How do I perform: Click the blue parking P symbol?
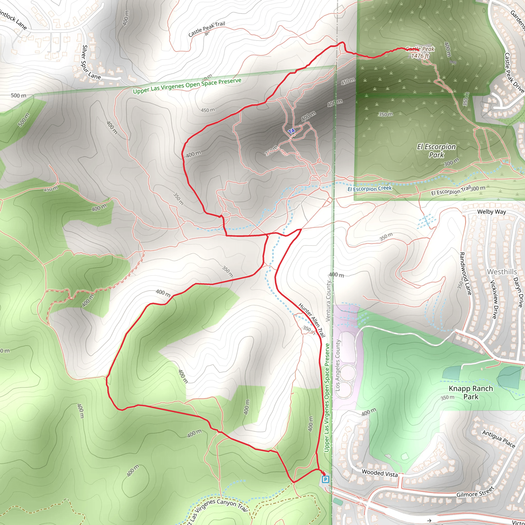(325, 479)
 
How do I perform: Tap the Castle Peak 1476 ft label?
(420, 53)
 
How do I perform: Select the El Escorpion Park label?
(436, 150)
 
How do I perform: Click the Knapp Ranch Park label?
(471, 392)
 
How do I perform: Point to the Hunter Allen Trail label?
(312, 320)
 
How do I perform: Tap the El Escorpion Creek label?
(370, 189)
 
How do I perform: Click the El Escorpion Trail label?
(451, 190)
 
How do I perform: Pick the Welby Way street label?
(492, 212)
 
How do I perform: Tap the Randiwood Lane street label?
(465, 273)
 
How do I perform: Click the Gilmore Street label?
(475, 492)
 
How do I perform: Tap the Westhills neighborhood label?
(502, 272)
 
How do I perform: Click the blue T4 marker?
(291, 131)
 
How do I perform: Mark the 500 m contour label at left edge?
(18, 95)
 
